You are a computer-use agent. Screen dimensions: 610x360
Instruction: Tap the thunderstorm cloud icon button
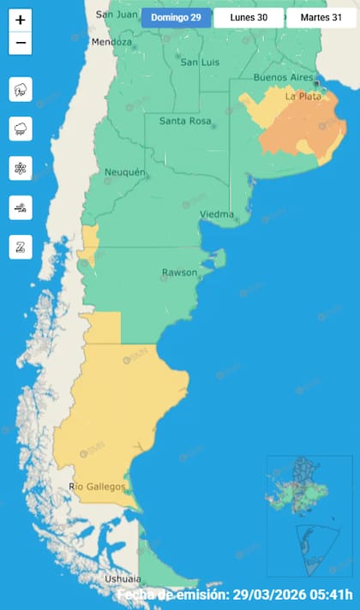pos(21,88)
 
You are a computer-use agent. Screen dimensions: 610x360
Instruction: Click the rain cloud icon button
pos(21,129)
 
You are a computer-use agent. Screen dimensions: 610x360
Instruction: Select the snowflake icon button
pos(21,168)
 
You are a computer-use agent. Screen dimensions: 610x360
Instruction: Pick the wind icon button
pos(21,207)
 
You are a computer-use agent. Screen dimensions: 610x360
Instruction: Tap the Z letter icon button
pos(21,247)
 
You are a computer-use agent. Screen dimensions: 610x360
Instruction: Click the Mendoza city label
pos(111,42)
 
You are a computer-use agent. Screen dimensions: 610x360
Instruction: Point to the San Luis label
pos(198,62)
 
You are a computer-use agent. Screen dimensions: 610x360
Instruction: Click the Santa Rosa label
pos(185,122)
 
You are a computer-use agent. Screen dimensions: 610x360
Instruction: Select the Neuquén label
pos(124,173)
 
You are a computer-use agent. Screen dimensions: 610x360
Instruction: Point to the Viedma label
pos(214,213)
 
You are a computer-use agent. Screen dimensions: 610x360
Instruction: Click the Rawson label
pos(179,273)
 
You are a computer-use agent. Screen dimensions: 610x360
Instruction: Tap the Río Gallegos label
pos(97,487)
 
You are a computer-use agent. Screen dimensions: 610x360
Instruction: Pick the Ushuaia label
pos(122,579)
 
